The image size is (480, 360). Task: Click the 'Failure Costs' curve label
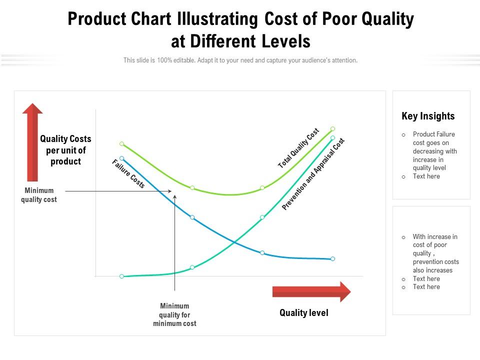pos(128,174)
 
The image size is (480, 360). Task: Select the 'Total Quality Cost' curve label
pos(298,148)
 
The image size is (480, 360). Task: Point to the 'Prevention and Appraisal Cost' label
pos(313,174)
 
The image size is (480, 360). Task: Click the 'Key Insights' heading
pos(428,116)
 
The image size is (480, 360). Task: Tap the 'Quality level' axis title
pos(304,313)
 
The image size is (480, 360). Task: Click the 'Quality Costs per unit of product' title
pos(65,150)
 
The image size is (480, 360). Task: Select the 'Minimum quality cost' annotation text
pos(39,195)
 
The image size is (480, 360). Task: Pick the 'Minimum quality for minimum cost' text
pos(174,314)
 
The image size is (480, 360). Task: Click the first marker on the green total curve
pos(121,144)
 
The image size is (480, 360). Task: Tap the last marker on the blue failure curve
pos(333,259)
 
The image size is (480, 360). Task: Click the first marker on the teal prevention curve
pos(121,276)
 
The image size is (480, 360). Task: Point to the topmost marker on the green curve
pos(333,128)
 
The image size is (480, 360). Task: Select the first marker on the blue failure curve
pos(121,158)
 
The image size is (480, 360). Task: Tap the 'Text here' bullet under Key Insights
pos(426,176)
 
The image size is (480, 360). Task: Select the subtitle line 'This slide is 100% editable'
pos(240,60)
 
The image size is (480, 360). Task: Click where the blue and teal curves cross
pos(234,242)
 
